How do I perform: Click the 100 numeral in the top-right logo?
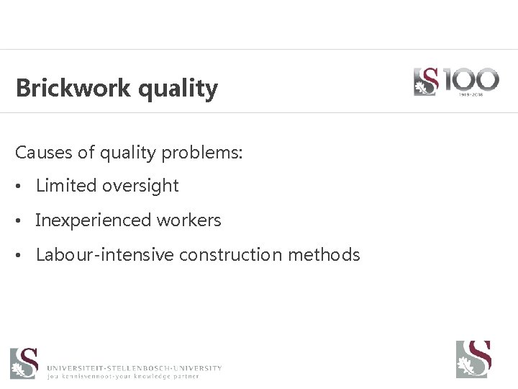(468, 79)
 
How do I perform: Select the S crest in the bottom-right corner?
(473, 359)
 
